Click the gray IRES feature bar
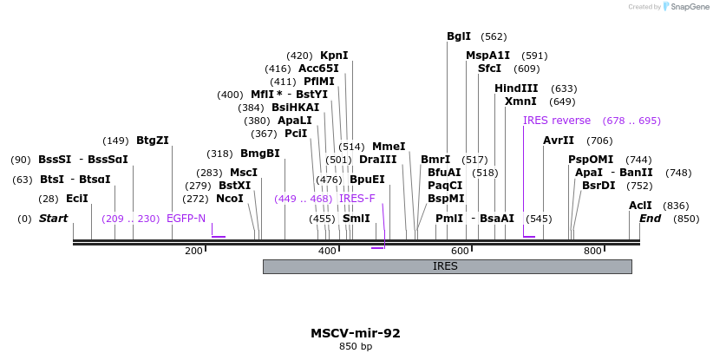coord(447,266)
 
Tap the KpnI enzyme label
coord(334,56)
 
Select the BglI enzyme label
coord(459,36)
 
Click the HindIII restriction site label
coord(516,88)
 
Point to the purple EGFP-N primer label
coord(186,219)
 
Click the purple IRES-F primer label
coord(357,199)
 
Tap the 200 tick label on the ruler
coord(193,251)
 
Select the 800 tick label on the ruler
coord(592,251)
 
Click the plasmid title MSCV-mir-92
coord(356,333)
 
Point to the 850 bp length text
coord(356,347)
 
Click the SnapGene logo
coord(685,7)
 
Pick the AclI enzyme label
coord(640,206)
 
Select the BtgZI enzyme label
coord(153,141)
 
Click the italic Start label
coord(53,219)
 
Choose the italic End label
coord(650,219)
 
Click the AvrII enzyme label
coord(559,141)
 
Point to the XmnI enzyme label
coord(520,101)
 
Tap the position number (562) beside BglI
coord(494,36)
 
